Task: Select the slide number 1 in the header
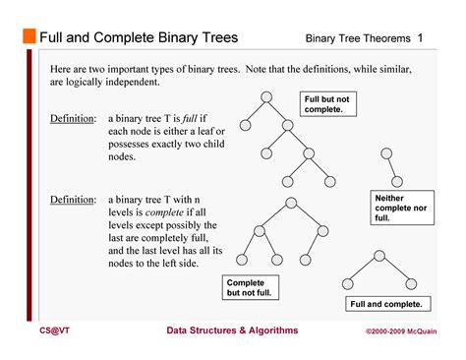point(420,37)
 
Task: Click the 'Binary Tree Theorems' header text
point(356,38)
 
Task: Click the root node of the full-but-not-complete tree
point(265,96)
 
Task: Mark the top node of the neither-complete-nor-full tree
point(384,151)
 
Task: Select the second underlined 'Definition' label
point(73,199)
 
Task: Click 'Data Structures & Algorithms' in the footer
point(232,331)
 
